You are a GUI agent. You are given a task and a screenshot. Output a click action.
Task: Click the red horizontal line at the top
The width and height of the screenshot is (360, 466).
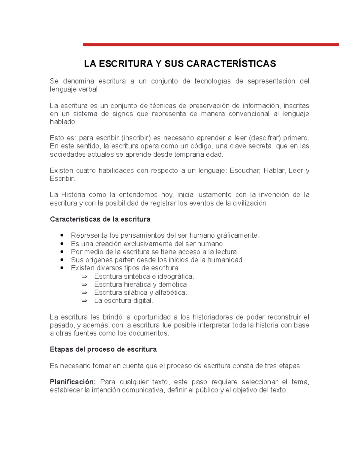pyautogui.click(x=211, y=45)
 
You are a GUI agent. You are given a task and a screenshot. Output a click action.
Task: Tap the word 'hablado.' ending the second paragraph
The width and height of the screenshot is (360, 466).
pyautogui.click(x=63, y=122)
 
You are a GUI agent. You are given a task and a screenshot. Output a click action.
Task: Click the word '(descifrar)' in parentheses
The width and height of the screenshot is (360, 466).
pyautogui.click(x=265, y=138)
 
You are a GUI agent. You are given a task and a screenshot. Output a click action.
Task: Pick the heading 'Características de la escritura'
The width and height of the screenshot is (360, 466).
pyautogui.click(x=100, y=219)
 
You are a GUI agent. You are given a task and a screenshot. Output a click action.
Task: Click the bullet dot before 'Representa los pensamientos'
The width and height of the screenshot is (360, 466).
pyautogui.click(x=62, y=235)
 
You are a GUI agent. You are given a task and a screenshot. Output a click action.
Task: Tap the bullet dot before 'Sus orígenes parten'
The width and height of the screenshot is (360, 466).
pyautogui.click(x=62, y=260)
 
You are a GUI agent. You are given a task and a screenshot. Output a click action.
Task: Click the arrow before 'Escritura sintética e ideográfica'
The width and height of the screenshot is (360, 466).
pyautogui.click(x=85, y=276)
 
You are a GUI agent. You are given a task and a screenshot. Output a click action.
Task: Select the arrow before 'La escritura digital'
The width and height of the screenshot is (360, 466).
pyautogui.click(x=85, y=301)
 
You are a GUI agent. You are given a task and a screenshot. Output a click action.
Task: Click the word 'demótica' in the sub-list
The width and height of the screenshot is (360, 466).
pyautogui.click(x=172, y=284)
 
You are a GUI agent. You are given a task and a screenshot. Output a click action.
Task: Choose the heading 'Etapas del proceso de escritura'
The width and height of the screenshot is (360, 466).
pyautogui.click(x=103, y=350)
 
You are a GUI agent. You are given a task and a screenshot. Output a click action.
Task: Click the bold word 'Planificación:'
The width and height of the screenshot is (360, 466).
pyautogui.click(x=73, y=382)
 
